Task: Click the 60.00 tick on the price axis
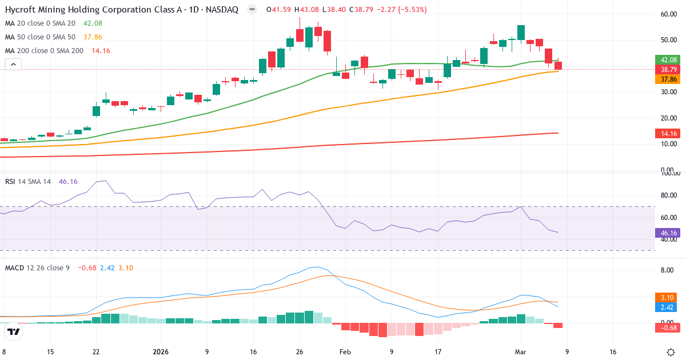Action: click(x=668, y=14)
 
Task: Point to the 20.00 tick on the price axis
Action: click(x=668, y=118)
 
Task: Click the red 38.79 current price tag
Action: click(x=665, y=69)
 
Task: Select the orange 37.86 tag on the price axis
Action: click(x=665, y=79)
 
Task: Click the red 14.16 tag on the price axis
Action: click(x=665, y=133)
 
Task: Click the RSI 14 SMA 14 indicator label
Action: click(x=28, y=182)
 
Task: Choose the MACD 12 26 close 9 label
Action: click(x=37, y=267)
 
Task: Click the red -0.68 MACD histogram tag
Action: click(x=665, y=327)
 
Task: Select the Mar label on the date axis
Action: click(x=520, y=352)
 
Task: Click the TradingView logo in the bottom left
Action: click(x=14, y=331)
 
